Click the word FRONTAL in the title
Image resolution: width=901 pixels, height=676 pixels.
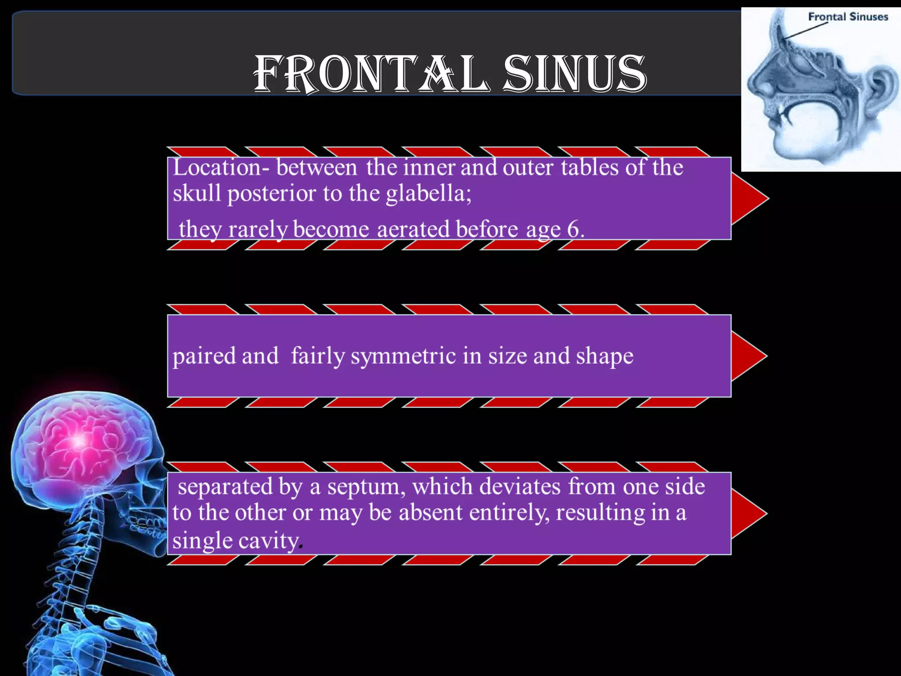pos(370,74)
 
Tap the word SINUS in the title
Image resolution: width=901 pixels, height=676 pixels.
pos(575,74)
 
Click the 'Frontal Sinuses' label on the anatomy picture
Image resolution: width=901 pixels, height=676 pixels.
pos(848,17)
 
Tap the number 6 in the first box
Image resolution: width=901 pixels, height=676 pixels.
pos(572,229)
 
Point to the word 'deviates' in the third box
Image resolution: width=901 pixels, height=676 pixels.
pos(520,487)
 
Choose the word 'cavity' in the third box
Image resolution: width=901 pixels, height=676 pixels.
pos(269,540)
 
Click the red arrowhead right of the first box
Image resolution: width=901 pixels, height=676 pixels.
pos(748,198)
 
